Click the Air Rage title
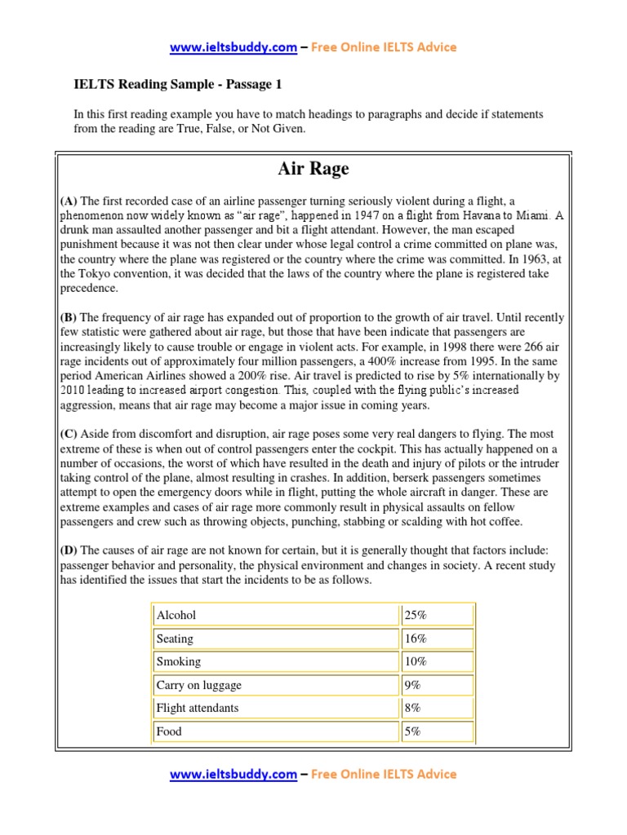click(313, 169)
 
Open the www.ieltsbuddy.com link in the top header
click(233, 47)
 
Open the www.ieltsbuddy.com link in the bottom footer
click(233, 774)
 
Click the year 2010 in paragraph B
click(74, 391)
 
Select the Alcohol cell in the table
click(176, 615)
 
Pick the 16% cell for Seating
click(416, 638)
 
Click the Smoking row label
click(178, 661)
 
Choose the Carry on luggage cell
click(198, 685)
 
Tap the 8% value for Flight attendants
click(412, 708)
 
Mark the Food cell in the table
click(169, 731)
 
